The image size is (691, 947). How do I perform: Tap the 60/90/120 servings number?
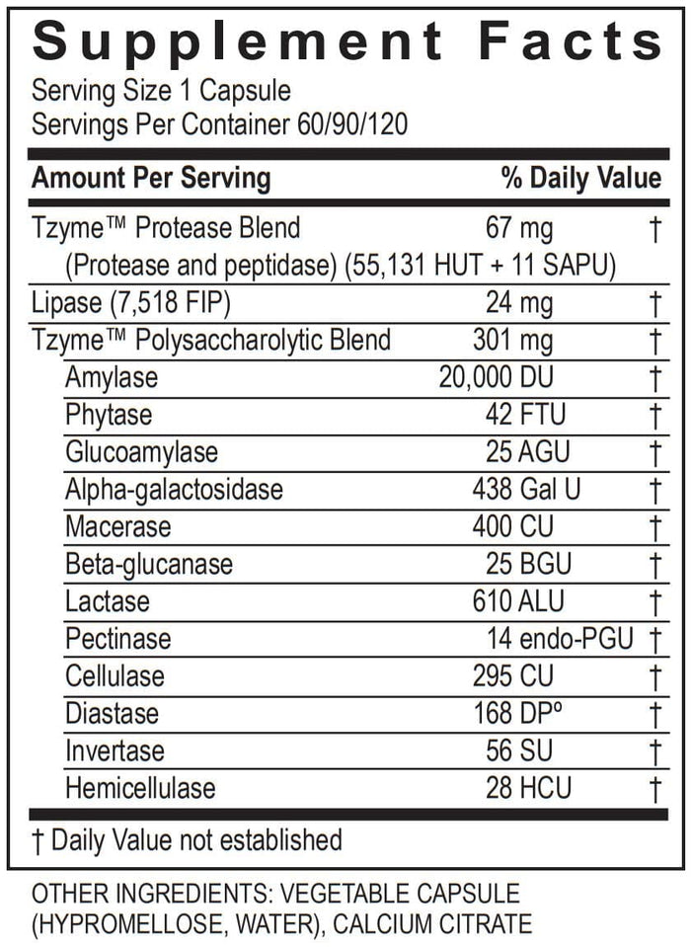click(352, 126)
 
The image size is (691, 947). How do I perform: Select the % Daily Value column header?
click(580, 178)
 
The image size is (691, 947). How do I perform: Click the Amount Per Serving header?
click(151, 178)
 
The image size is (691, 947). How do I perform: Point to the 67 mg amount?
click(519, 228)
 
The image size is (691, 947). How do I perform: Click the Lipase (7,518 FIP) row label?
click(132, 302)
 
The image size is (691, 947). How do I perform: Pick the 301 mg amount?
click(513, 341)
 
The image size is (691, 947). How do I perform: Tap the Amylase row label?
click(112, 378)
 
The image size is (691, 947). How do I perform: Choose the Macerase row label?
click(117, 526)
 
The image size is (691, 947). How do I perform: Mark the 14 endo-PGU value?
click(560, 639)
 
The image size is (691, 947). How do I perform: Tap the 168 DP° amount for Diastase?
click(513, 713)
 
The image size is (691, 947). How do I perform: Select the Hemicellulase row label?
click(140, 787)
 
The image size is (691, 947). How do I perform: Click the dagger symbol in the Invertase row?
click(654, 750)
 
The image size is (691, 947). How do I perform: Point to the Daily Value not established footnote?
click(187, 840)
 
